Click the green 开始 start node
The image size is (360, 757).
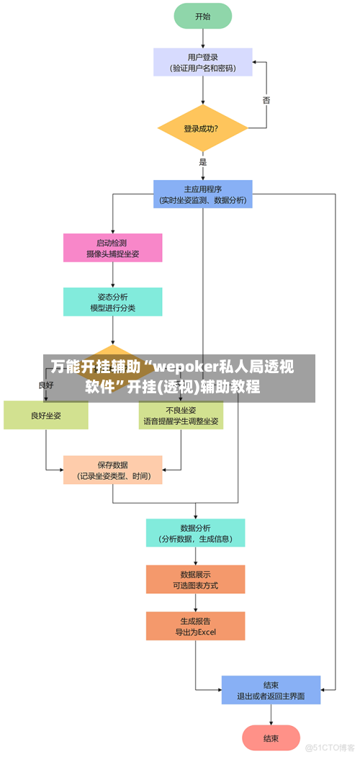click(202, 16)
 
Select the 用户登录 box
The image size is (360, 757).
click(202, 62)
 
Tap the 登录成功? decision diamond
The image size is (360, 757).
click(202, 129)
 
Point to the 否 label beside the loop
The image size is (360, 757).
click(266, 100)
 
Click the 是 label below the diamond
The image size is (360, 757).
click(203, 162)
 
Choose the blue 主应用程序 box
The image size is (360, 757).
click(202, 194)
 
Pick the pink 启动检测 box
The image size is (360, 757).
click(112, 248)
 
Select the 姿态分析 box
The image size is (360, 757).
click(112, 302)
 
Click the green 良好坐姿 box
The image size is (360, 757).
click(46, 416)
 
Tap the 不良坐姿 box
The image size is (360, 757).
click(181, 416)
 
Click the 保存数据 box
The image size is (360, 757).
click(112, 470)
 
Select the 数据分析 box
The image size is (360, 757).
click(195, 533)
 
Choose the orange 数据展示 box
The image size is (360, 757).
click(195, 579)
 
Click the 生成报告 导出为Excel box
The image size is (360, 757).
click(195, 626)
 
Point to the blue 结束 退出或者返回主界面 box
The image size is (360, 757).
click(271, 690)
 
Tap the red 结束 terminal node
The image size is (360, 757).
click(271, 738)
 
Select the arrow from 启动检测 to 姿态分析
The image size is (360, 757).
click(112, 275)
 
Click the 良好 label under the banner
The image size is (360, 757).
click(46, 385)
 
